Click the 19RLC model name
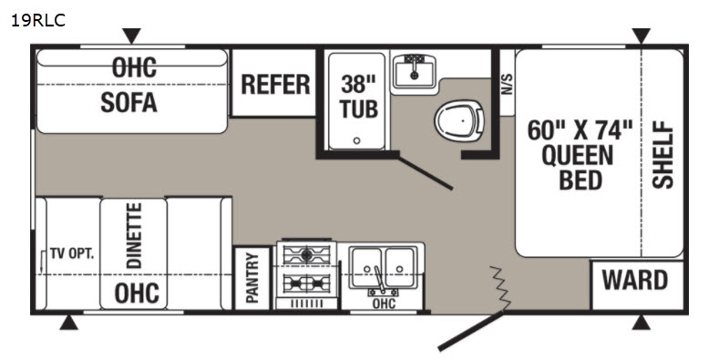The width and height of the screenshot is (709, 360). [38, 20]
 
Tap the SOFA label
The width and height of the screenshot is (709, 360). [128, 103]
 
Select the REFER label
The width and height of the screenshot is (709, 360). [275, 85]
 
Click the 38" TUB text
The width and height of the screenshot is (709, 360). [359, 97]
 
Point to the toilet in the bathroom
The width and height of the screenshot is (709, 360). [459, 120]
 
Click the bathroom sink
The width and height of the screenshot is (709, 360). [414, 71]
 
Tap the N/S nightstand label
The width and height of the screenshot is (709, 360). [508, 84]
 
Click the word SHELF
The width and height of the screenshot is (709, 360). [663, 154]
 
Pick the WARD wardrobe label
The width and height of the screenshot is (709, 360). [635, 280]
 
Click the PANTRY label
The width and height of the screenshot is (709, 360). [252, 278]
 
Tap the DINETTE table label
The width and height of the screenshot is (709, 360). [134, 236]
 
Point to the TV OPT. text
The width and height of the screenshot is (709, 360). [72, 253]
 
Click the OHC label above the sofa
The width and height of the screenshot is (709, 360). [134, 67]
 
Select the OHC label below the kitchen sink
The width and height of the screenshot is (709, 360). [384, 303]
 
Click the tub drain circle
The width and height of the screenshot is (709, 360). [356, 140]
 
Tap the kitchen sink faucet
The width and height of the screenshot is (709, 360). [379, 281]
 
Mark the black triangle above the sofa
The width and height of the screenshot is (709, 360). [131, 36]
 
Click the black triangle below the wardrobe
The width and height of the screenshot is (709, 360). [642, 323]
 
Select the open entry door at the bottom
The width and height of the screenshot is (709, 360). [471, 331]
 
